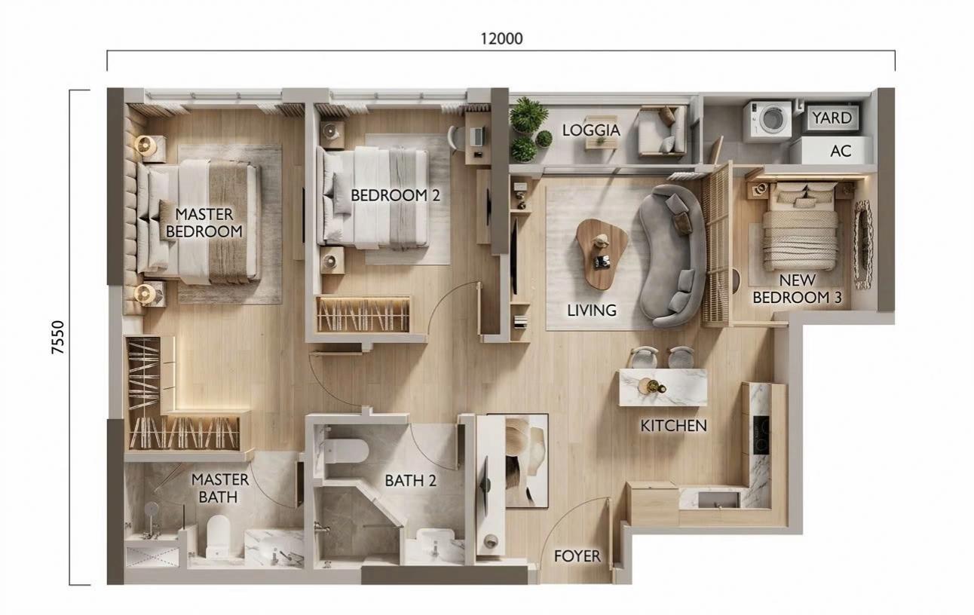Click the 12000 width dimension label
click(501, 38)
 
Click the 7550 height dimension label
click(58, 338)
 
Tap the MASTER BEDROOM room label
click(204, 222)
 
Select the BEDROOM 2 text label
click(395, 195)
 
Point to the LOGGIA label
click(591, 130)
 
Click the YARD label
click(832, 118)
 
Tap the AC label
click(841, 151)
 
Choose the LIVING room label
click(592, 310)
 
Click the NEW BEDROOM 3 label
click(797, 289)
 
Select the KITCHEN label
click(673, 426)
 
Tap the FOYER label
click(577, 556)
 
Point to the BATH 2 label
click(410, 480)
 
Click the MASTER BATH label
click(219, 488)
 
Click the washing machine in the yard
click(767, 121)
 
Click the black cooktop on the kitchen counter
click(761, 435)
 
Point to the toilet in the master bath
click(217, 535)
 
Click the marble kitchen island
click(663, 387)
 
